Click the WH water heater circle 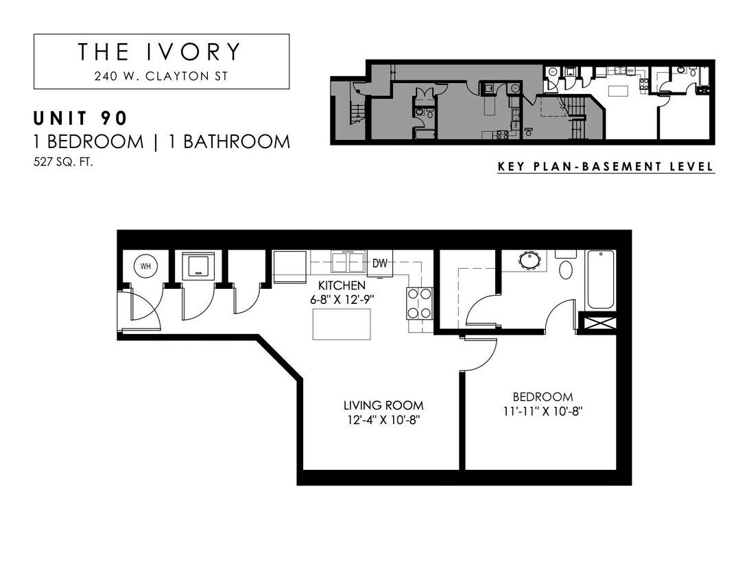(x=145, y=266)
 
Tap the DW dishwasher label (x=379, y=263)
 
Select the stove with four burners (x=420, y=303)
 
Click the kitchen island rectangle (x=342, y=324)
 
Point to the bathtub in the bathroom (x=601, y=280)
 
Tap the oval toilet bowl (x=567, y=269)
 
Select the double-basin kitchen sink (x=348, y=262)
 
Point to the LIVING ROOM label (x=383, y=405)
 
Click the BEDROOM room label (x=543, y=397)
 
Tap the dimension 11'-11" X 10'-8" (x=543, y=412)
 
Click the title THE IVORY (x=160, y=52)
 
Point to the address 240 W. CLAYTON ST (x=160, y=76)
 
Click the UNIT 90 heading (x=80, y=118)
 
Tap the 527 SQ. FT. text (x=63, y=163)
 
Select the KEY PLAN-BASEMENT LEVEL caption (x=606, y=167)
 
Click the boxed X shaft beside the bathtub (x=597, y=322)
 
